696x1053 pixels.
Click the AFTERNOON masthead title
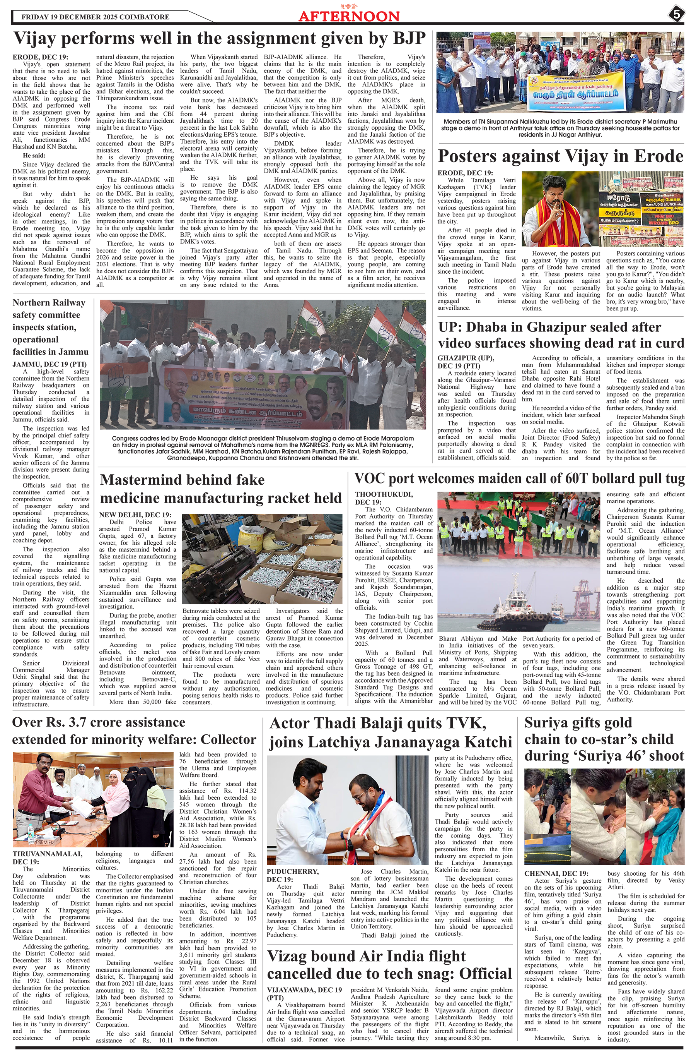[x=349, y=16]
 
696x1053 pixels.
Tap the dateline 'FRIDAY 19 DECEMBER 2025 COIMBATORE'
[x=96, y=17]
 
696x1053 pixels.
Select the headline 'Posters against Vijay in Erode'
[x=560, y=156]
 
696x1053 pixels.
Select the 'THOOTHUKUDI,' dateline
[x=384, y=494]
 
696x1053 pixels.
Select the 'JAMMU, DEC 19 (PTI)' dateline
[x=50, y=364]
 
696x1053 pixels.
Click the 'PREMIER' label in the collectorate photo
[x=44, y=842]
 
